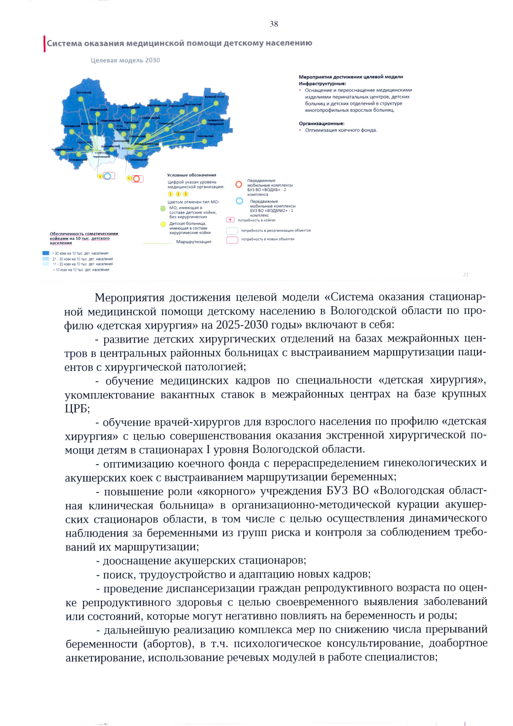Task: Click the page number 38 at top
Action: pyautogui.click(x=274, y=24)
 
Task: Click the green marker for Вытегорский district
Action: pyautogui.click(x=80, y=99)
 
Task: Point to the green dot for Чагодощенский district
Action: pyautogui.click(x=63, y=153)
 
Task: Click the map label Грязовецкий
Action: pyautogui.click(x=138, y=160)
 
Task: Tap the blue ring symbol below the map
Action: pyautogui.click(x=108, y=176)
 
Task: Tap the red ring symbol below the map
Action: pyautogui.click(x=136, y=178)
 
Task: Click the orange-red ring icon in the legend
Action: pyautogui.click(x=239, y=184)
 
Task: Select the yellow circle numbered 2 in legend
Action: pyautogui.click(x=178, y=194)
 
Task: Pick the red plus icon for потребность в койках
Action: pyautogui.click(x=230, y=220)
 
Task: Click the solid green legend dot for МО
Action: pyautogui.click(x=162, y=209)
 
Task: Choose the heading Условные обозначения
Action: pyautogui.click(x=192, y=175)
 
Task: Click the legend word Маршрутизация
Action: pyautogui.click(x=194, y=242)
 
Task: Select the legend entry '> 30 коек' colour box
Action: pyautogui.click(x=46, y=253)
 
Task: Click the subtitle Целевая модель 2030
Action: pyautogui.click(x=125, y=60)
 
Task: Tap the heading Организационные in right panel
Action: pyautogui.click(x=321, y=123)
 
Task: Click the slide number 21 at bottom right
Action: pyautogui.click(x=466, y=275)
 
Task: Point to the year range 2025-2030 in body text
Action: pyautogui.click(x=242, y=325)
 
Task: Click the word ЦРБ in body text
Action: pyautogui.click(x=77, y=409)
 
